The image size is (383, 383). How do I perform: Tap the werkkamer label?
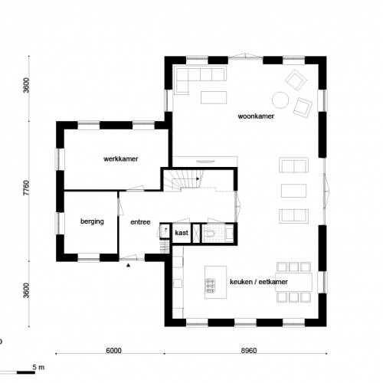pyautogui.click(x=120, y=159)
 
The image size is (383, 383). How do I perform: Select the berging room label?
pyautogui.click(x=91, y=222)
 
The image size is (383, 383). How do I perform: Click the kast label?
pyautogui.click(x=182, y=232)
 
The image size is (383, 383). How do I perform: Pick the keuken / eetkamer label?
pyautogui.click(x=258, y=283)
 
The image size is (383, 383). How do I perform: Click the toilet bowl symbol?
pyautogui.click(x=210, y=234)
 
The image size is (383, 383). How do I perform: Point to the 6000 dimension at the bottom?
pyautogui.click(x=113, y=352)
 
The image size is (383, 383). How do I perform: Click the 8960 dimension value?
pyautogui.click(x=249, y=352)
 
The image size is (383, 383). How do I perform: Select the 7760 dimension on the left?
pyautogui.click(x=27, y=188)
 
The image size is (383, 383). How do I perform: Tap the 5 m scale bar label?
pyautogui.click(x=40, y=368)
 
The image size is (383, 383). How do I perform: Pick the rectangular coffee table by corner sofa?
pyautogui.click(x=214, y=97)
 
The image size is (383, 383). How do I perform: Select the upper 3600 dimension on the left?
pyautogui.click(x=27, y=86)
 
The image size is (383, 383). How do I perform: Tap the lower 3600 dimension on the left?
pyautogui.click(x=27, y=291)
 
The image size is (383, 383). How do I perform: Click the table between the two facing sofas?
pyautogui.click(x=293, y=190)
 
